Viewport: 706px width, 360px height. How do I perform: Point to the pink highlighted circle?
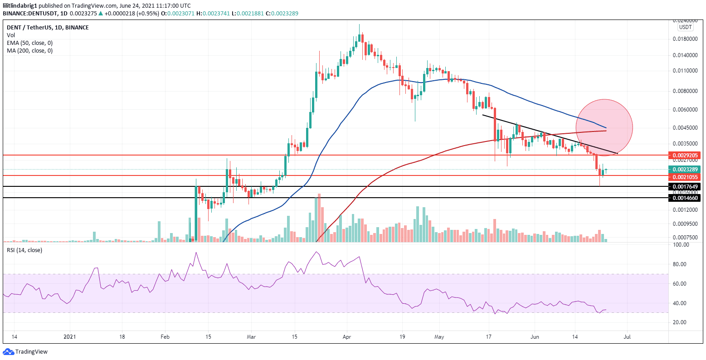point(604,127)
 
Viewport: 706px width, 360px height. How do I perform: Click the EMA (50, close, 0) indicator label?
point(29,43)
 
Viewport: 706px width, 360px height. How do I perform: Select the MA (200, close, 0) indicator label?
point(29,50)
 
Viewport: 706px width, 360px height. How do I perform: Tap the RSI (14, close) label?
point(24,250)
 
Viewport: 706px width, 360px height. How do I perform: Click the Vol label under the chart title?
point(10,35)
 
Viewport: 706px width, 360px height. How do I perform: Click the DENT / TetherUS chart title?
point(48,27)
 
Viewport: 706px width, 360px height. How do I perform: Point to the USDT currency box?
point(685,27)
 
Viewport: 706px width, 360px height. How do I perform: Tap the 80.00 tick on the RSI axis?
point(682,264)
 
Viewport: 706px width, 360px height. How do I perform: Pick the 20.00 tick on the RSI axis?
point(682,322)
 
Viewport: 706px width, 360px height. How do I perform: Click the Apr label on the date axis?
point(347,337)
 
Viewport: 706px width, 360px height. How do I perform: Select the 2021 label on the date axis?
point(70,337)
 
